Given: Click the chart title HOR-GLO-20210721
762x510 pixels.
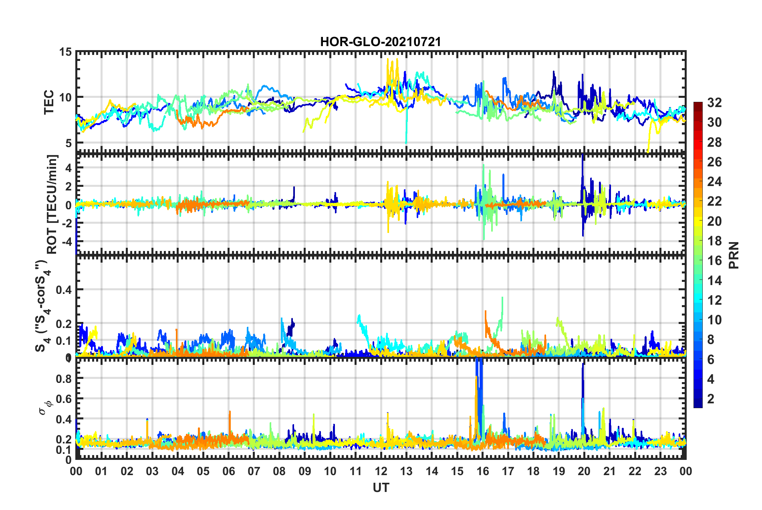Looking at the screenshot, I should click(x=380, y=42).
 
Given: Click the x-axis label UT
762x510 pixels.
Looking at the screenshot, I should click(x=381, y=488).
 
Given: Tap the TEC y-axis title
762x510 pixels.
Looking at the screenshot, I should click(x=49, y=102).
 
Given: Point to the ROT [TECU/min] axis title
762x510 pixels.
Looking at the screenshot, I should click(x=52, y=204).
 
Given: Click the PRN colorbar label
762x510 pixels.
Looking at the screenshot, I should click(x=734, y=255).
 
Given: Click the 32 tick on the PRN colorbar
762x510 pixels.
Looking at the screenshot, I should click(x=714, y=103).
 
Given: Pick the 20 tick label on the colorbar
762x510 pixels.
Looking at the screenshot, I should click(x=714, y=221).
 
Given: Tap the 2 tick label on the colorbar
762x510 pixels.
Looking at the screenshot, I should click(x=711, y=399).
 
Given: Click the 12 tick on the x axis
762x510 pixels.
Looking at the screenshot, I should click(x=381, y=471).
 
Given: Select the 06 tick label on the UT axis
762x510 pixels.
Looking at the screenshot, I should click(x=228, y=471).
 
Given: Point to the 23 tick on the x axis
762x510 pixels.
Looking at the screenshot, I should click(x=660, y=471).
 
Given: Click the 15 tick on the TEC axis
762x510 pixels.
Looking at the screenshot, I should click(x=65, y=52).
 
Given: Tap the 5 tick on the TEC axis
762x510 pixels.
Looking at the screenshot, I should click(x=68, y=143).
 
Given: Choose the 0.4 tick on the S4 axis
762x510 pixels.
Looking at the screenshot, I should click(x=63, y=289).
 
